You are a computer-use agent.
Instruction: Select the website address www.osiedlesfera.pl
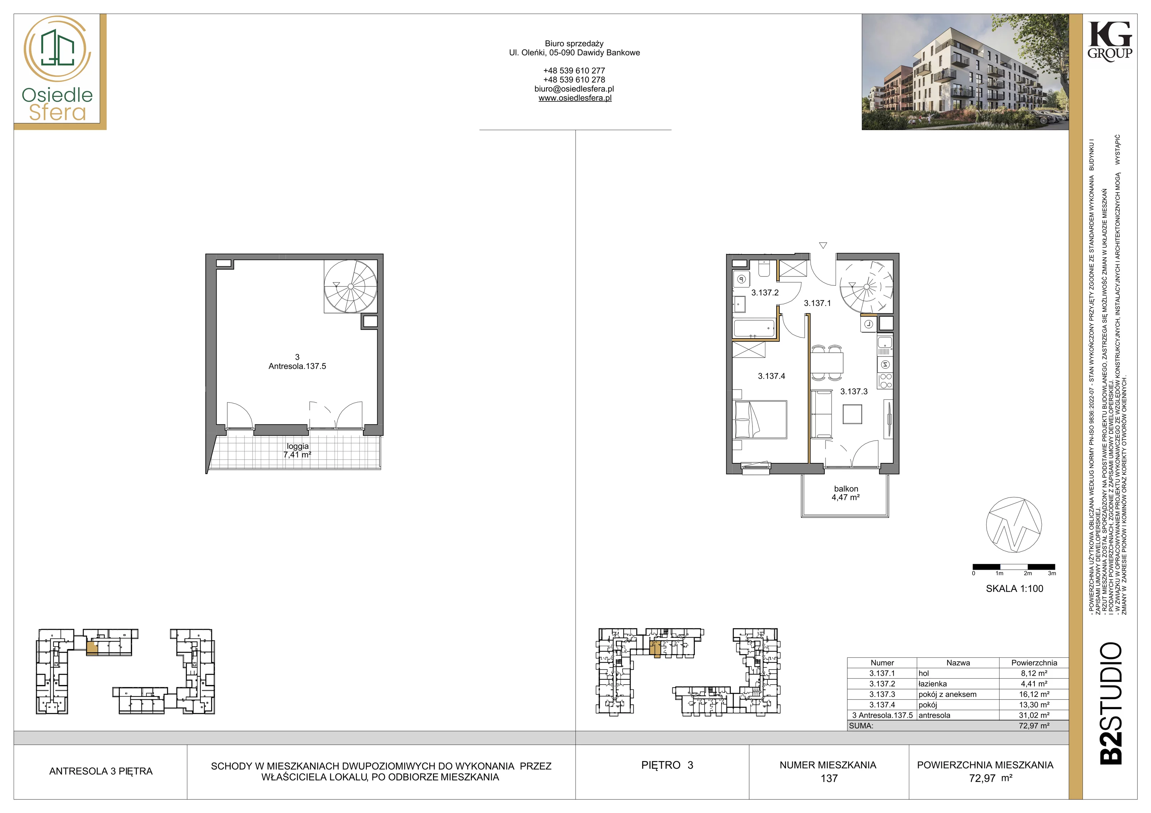575,98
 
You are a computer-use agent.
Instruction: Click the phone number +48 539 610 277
574,71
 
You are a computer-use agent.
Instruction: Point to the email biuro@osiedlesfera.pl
574,89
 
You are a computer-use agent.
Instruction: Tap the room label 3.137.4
772,376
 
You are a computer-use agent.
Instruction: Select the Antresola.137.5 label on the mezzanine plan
297,366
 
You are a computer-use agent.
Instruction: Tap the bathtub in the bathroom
754,329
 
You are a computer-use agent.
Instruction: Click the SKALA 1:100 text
1015,589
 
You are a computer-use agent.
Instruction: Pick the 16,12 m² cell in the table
1034,694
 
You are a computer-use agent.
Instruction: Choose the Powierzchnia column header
1034,663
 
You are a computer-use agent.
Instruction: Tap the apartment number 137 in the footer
829,778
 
